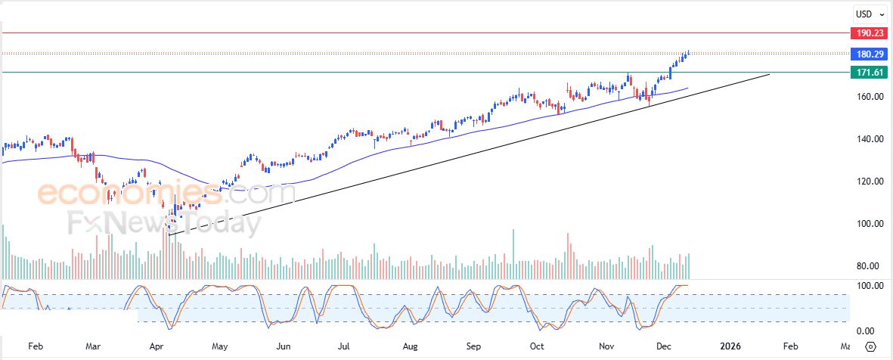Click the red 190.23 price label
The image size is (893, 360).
tap(865, 33)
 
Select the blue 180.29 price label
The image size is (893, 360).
tap(865, 54)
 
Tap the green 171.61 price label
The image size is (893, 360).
tap(865, 73)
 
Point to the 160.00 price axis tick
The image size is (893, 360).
tap(865, 97)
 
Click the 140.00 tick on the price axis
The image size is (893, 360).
tap(865, 139)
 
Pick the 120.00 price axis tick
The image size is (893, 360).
tap(865, 182)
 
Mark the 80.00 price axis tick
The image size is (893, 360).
tap(865, 266)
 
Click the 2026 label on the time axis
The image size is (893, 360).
tap(730, 346)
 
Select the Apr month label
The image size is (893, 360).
tap(157, 346)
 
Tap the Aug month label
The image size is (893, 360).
tap(411, 346)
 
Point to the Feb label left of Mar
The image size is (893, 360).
tap(36, 346)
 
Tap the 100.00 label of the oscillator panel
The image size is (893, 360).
tap(864, 286)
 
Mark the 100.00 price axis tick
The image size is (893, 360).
tap(865, 224)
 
